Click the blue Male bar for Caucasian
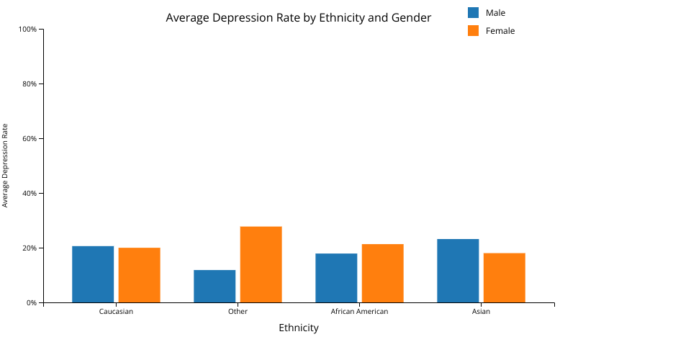coord(93,274)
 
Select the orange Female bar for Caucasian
coord(140,275)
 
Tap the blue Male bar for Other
coord(214,286)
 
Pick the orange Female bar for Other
coord(261,264)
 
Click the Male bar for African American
coord(336,278)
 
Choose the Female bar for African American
coord(382,273)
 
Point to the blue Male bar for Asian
coord(458,271)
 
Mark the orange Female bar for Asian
coord(504,277)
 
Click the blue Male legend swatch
coord(474,12)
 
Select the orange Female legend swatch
coord(474,30)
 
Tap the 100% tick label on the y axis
coord(27,30)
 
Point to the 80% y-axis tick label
coord(29,84)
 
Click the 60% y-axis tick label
coord(29,139)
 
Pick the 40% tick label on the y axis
coord(29,194)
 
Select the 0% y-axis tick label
coord(32,303)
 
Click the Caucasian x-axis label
coord(116,312)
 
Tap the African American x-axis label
coord(359,312)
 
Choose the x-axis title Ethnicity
coord(299,328)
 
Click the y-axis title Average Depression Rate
coord(5,166)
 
